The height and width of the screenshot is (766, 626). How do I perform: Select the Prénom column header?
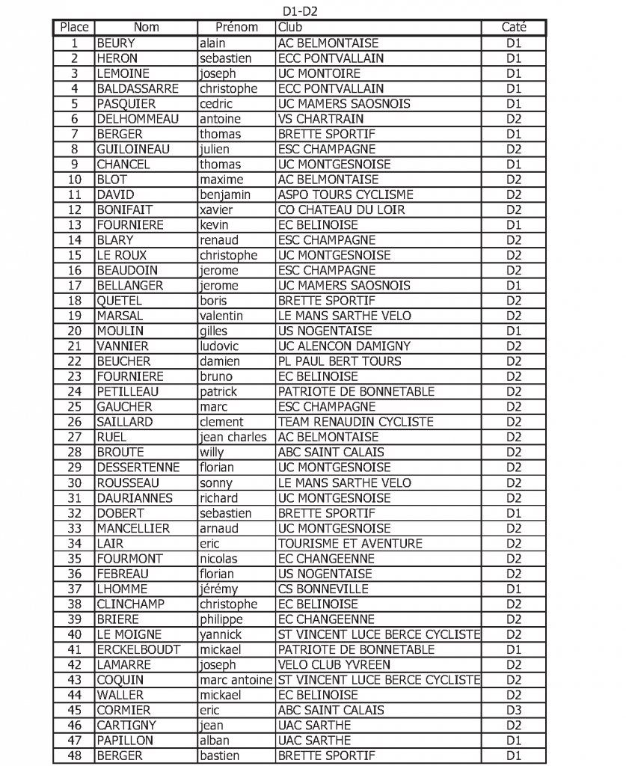(x=236, y=28)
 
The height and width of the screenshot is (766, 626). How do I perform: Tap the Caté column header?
(x=513, y=28)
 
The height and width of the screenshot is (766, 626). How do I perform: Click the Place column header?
(x=74, y=28)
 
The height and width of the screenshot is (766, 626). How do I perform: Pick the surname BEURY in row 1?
(x=116, y=43)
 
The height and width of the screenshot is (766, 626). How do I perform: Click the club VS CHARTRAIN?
(x=321, y=119)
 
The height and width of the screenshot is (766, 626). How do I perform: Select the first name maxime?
(x=221, y=180)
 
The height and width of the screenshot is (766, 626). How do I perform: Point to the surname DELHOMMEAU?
(x=138, y=119)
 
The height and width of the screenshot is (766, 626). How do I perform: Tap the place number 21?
(x=74, y=346)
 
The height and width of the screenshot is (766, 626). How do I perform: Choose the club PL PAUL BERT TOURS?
(x=340, y=361)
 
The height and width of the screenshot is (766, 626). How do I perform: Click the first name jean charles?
(x=233, y=437)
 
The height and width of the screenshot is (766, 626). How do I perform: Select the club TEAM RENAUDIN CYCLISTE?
(x=355, y=422)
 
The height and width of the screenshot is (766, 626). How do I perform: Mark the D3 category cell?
(x=513, y=710)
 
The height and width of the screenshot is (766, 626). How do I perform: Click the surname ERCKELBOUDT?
(x=138, y=649)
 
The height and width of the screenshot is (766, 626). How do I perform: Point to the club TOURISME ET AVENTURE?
(x=350, y=543)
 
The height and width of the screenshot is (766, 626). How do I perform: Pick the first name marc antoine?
(x=236, y=680)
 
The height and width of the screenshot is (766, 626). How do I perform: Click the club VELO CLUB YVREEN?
(x=334, y=664)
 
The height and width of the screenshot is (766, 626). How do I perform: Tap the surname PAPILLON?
(x=125, y=740)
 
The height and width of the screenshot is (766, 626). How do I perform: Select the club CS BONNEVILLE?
(x=323, y=589)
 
